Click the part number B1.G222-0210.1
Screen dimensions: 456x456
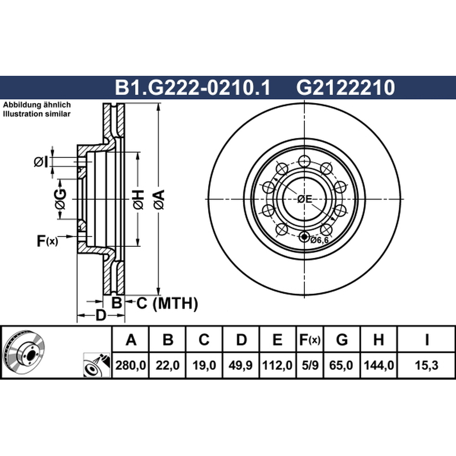(193, 87)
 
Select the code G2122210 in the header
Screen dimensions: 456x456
(345, 87)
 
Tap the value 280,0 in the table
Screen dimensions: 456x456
(131, 365)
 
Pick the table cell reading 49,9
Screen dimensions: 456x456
(241, 365)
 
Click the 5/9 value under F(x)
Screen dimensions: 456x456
(310, 365)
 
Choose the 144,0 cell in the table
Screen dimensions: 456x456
(378, 365)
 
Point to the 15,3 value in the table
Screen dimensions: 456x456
(426, 365)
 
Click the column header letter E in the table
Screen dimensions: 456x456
(278, 340)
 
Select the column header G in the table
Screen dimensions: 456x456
(342, 340)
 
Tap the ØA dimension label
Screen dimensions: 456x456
(159, 199)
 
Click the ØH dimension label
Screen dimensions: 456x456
(139, 199)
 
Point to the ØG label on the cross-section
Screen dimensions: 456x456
(60, 199)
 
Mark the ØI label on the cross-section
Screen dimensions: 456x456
(40, 162)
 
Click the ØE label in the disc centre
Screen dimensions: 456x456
(304, 199)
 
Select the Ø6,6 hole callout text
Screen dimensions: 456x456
(319, 240)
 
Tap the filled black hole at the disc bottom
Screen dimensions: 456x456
(304, 237)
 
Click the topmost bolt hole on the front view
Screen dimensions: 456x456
(304, 161)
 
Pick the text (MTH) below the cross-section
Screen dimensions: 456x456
(176, 304)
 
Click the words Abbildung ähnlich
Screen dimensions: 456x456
(37, 105)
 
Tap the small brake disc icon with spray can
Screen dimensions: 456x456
(97, 365)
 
